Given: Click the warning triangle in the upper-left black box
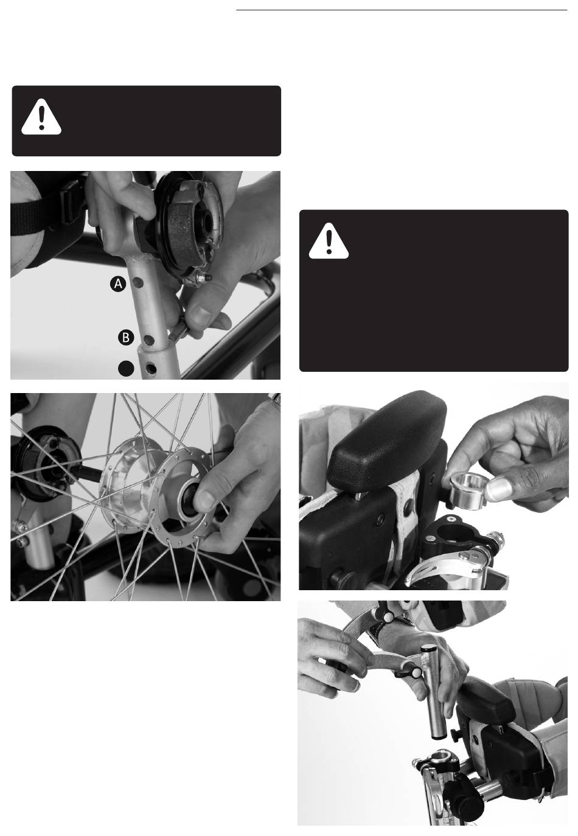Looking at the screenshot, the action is pos(41,117).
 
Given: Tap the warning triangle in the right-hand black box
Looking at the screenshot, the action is pos(329,242).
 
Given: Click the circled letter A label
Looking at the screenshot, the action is pos(118,284).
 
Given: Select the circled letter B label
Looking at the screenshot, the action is pos(126,338).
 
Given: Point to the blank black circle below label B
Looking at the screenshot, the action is pos(126,368).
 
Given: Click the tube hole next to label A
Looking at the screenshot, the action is pos(138,283).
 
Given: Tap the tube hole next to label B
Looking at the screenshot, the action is pos(149,340).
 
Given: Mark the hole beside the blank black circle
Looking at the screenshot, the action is pos(151,369).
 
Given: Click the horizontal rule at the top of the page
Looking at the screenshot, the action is pos(402,10).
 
